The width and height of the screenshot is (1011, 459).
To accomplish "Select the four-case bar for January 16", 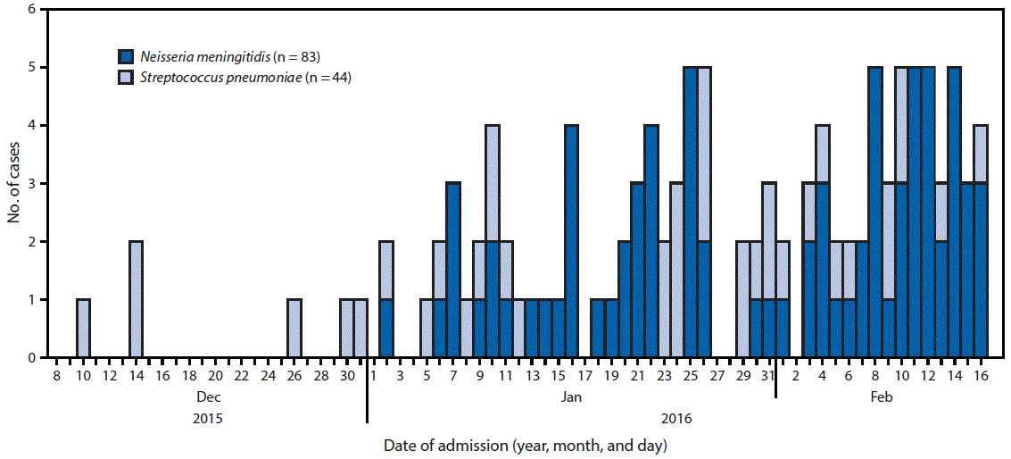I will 571,241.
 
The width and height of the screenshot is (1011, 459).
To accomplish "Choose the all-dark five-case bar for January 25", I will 690,213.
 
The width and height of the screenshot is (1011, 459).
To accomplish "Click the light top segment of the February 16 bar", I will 981,154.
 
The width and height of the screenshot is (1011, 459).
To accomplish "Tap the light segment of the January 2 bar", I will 386,271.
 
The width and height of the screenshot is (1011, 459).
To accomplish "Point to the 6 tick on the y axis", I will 33,10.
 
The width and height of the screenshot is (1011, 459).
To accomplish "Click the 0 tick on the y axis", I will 33,358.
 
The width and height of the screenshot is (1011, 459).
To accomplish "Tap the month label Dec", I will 207,397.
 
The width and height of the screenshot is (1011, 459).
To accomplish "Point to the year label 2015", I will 207,418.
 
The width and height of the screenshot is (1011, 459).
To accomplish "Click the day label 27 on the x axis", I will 716,377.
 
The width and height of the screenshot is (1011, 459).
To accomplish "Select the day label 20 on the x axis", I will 215,377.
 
